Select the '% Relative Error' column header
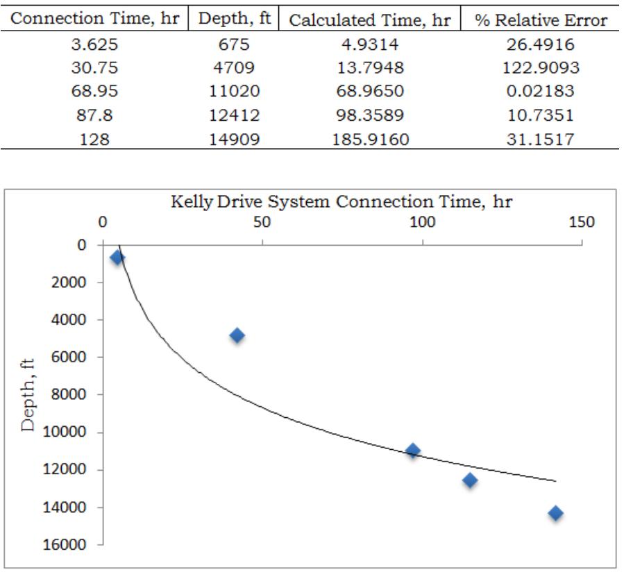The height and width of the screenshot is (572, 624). tap(541, 19)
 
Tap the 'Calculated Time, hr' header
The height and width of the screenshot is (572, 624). tap(369, 19)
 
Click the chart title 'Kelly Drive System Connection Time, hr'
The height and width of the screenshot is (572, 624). tap(341, 202)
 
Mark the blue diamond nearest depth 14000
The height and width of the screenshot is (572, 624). tap(555, 513)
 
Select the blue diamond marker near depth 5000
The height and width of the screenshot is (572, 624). tap(237, 335)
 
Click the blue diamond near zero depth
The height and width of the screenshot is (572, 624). tap(117, 258)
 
